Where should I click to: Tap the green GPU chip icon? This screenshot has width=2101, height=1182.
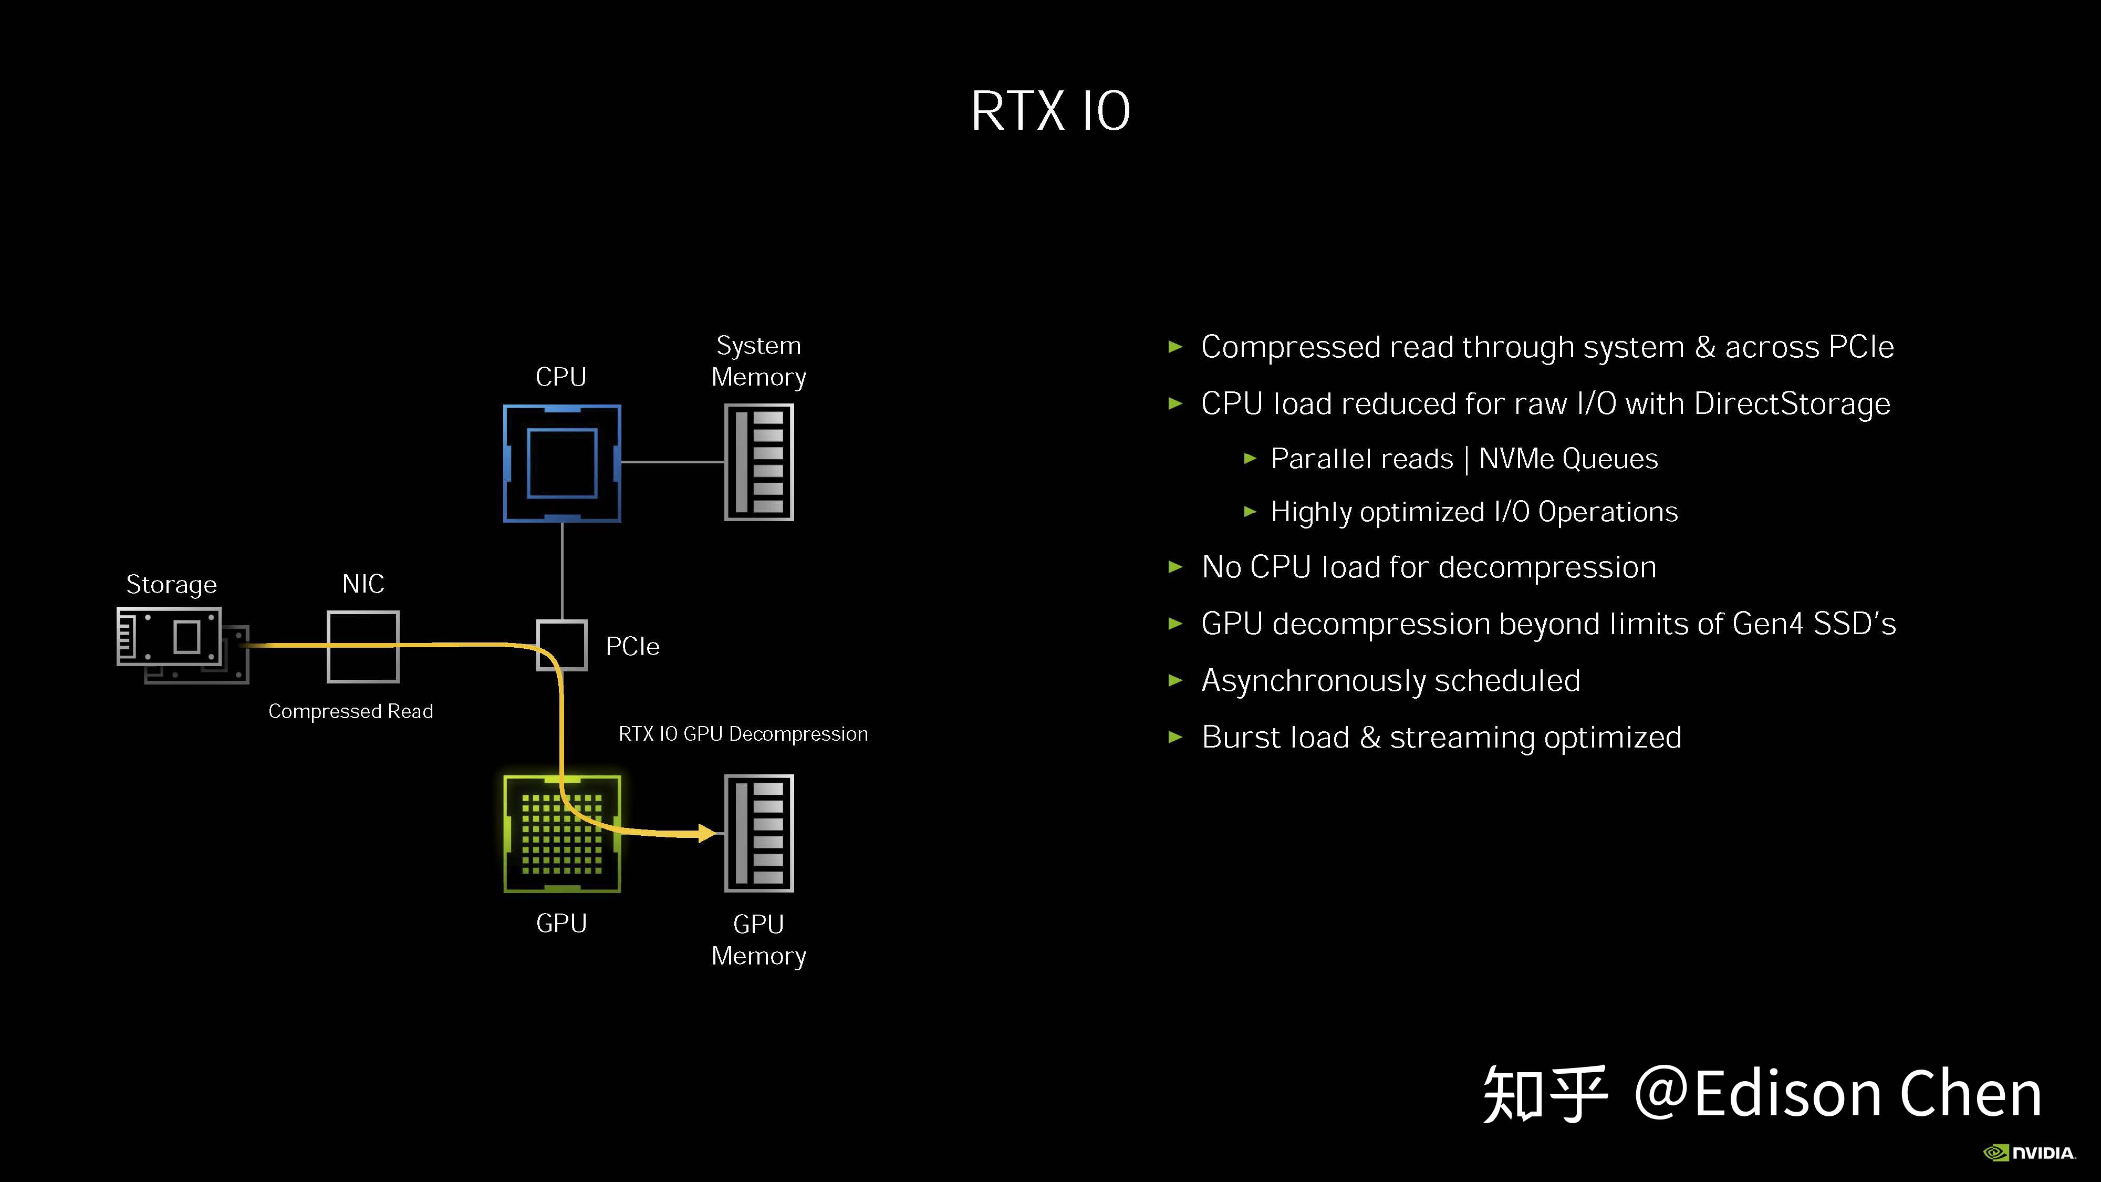click(x=562, y=834)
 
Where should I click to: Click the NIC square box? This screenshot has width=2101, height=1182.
click(x=363, y=646)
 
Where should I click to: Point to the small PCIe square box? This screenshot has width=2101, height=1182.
click(x=562, y=645)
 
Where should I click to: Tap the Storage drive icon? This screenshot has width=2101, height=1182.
click(x=181, y=645)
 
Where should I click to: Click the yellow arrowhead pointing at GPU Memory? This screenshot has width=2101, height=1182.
click(x=706, y=833)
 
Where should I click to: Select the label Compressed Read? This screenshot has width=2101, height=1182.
click(x=351, y=711)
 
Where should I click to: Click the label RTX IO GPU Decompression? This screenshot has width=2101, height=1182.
click(x=743, y=734)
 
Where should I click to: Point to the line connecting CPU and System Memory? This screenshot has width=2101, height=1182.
click(x=673, y=462)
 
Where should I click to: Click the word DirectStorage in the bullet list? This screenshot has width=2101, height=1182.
click(x=1791, y=404)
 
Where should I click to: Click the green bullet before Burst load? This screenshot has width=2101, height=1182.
click(x=1176, y=738)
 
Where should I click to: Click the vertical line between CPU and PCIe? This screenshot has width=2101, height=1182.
click(x=562, y=571)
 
